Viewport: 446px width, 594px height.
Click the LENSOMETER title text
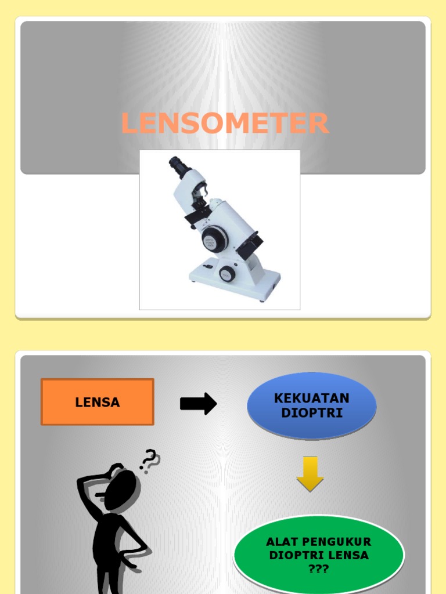coord(225,123)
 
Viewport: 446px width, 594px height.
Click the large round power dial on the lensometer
coord(214,239)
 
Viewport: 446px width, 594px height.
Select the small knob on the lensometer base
coord(226,274)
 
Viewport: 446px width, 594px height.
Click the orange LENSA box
coord(98,402)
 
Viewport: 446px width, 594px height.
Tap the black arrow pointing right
coord(199,404)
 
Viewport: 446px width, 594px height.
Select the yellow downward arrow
coord(310,474)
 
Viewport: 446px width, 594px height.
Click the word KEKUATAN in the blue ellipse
coord(311,398)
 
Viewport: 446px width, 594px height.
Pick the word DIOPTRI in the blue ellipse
coord(312,412)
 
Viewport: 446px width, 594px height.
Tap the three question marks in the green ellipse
coord(318,569)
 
